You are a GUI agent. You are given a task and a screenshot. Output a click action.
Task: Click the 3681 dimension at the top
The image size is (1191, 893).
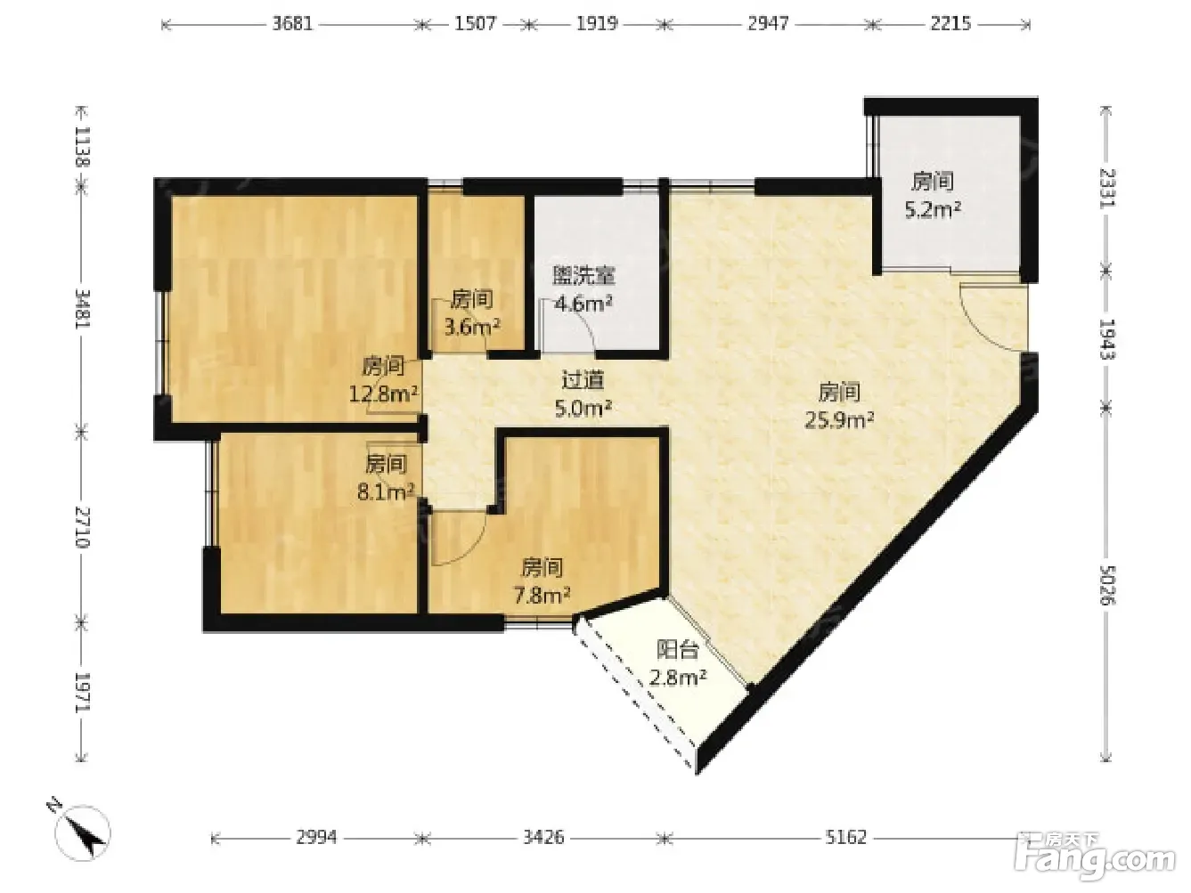293,24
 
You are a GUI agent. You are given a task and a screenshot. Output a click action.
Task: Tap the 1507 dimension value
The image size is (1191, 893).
476,24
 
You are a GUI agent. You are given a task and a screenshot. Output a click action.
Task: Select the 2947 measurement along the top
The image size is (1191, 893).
768,24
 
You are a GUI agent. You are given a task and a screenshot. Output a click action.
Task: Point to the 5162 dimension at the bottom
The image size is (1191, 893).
846,838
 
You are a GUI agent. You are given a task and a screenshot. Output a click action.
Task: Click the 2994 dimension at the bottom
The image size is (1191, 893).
316,838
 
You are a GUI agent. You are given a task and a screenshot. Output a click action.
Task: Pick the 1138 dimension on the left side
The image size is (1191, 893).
83,146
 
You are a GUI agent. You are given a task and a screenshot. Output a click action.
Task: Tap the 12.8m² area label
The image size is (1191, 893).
383,394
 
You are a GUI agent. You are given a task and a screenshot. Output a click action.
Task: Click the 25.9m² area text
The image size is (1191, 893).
839,419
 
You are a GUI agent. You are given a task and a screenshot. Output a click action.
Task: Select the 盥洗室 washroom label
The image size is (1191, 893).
583,276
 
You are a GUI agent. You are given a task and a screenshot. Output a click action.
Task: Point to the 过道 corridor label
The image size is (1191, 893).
583,381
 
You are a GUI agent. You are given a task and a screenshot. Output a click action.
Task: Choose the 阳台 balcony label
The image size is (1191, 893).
677,650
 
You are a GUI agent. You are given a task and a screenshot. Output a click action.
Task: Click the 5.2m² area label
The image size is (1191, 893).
933,209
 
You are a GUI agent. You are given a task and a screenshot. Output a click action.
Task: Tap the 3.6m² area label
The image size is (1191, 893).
472,328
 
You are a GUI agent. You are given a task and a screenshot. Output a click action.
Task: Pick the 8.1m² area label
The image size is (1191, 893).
386,492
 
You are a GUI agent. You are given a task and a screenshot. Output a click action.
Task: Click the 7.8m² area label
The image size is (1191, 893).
542,596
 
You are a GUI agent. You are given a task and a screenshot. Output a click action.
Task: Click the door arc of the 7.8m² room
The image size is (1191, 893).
473,548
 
